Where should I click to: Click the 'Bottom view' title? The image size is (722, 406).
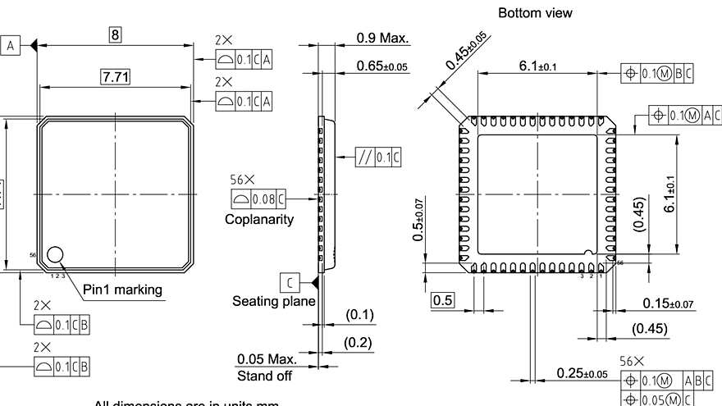(535, 13)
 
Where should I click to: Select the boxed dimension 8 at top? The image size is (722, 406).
(116, 34)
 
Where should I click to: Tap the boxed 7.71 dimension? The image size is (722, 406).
(116, 77)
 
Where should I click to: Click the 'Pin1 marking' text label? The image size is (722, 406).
(122, 289)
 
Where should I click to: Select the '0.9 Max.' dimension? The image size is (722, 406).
(382, 38)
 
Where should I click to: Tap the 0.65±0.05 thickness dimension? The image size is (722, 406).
(382, 66)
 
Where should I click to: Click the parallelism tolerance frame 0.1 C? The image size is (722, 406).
(378, 157)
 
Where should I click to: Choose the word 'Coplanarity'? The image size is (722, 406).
(259, 220)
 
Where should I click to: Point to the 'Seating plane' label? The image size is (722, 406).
(273, 302)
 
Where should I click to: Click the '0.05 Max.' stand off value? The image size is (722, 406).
(267, 359)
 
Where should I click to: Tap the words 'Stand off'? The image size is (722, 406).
(264, 376)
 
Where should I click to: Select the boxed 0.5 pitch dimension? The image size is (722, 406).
(443, 300)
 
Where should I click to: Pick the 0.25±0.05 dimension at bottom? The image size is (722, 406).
(582, 373)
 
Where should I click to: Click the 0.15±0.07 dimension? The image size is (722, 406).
(667, 303)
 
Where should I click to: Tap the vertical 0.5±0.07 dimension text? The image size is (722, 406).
(418, 220)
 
